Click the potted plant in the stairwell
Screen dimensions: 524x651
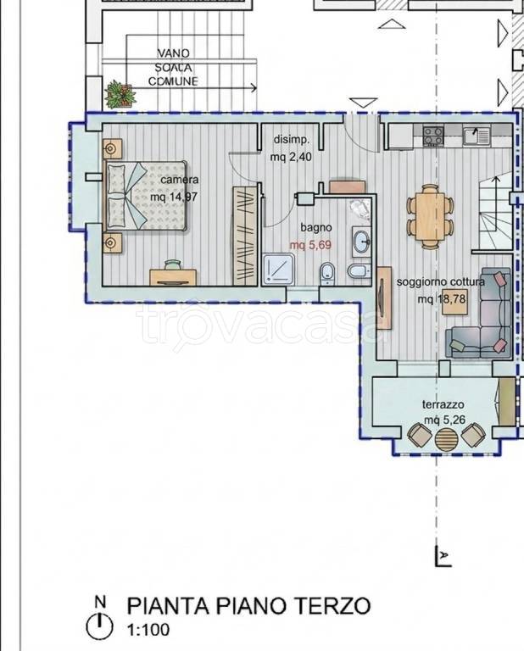(120, 95)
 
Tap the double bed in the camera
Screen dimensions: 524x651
(145, 196)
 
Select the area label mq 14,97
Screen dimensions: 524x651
(174, 197)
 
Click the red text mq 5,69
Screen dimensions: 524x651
(310, 245)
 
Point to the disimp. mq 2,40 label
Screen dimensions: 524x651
(291, 148)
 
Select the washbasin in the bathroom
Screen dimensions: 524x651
(362, 241)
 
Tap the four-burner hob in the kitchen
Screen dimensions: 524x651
(432, 136)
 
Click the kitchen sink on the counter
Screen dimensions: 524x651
(477, 136)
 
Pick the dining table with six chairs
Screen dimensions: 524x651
(430, 217)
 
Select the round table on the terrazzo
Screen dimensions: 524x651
(446, 439)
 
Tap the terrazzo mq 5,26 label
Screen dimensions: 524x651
(443, 412)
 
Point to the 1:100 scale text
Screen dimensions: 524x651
(148, 631)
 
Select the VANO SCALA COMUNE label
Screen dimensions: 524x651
(173, 67)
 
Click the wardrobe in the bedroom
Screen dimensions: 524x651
(244, 236)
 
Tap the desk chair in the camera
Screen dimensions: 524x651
(173, 264)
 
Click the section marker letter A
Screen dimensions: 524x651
(444, 554)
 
